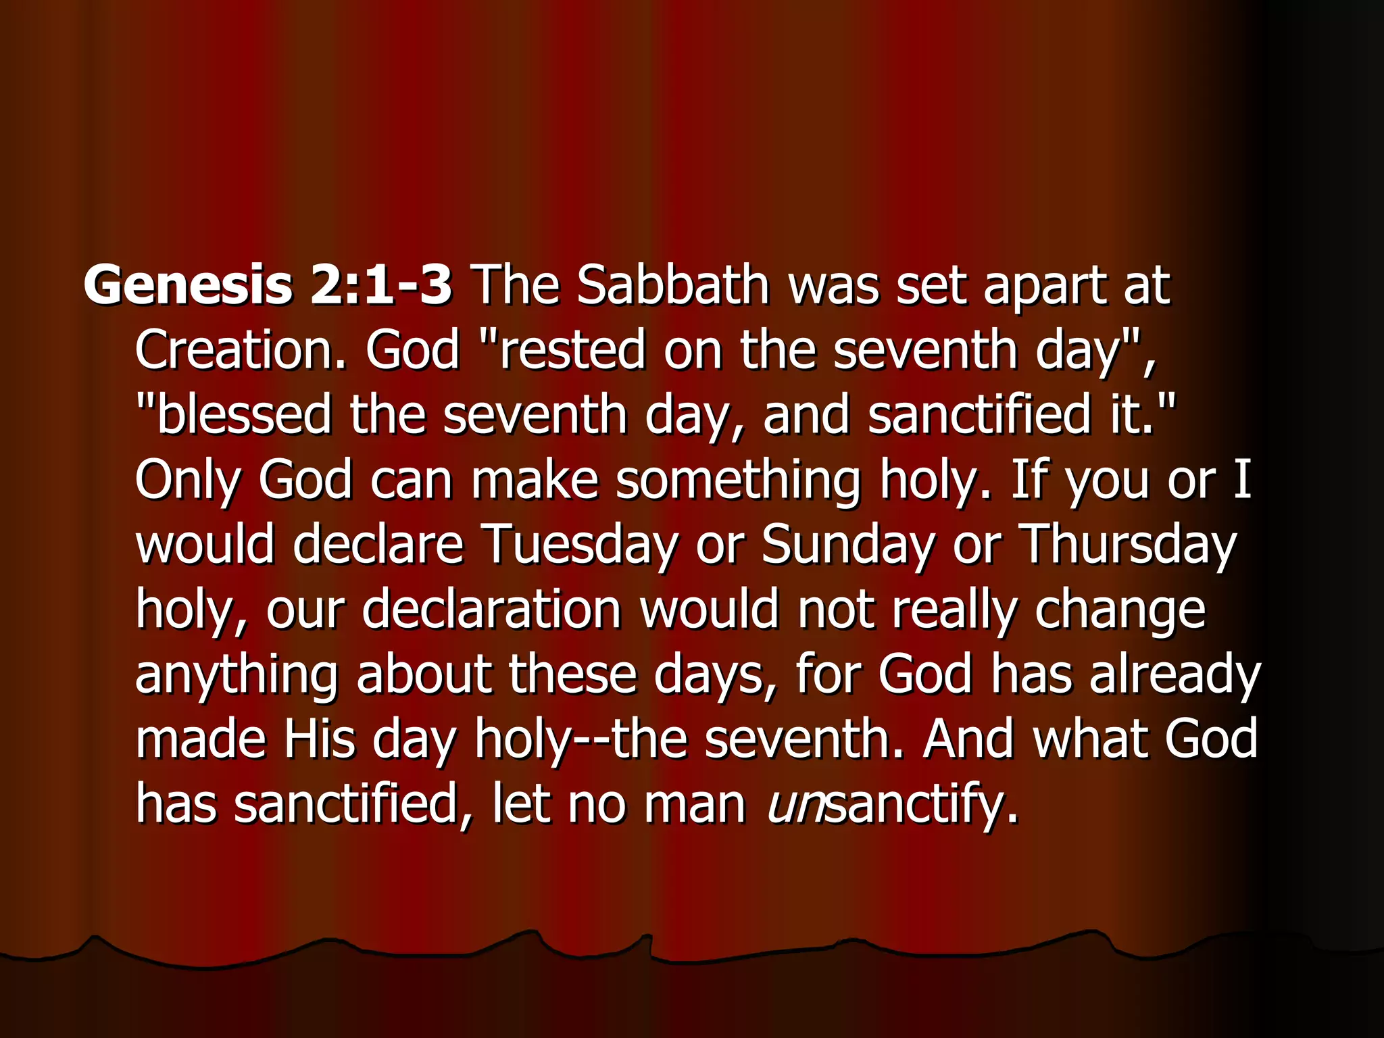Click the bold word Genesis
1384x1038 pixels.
click(x=187, y=285)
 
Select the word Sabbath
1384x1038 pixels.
click(x=673, y=285)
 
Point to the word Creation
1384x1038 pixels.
click(x=240, y=350)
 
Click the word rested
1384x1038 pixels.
click(x=572, y=350)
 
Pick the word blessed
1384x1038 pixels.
click(x=244, y=414)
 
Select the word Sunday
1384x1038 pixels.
click(x=848, y=545)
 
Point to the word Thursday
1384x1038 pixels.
click(x=1127, y=545)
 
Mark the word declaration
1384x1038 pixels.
click(x=491, y=609)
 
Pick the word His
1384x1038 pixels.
click(x=319, y=739)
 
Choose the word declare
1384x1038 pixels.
click(x=378, y=545)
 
